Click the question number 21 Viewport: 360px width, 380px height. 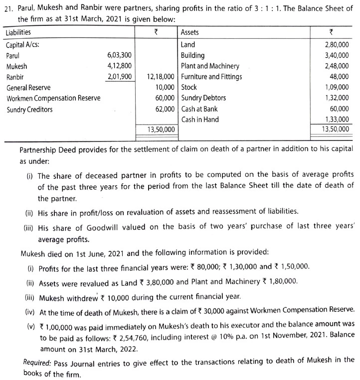tap(7, 10)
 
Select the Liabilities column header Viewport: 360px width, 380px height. tap(18, 32)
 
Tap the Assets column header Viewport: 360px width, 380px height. tap(189, 32)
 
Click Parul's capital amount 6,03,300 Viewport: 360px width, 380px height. tap(120, 55)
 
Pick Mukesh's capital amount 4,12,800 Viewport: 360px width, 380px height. tap(120, 66)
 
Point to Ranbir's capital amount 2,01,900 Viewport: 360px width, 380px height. tap(120, 77)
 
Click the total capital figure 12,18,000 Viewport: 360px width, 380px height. tap(161, 77)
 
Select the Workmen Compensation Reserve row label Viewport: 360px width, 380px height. tap(53, 98)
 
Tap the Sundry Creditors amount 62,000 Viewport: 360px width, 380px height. tap(165, 109)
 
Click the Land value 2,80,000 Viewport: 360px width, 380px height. tap(337, 44)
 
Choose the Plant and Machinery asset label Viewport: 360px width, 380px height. tap(210, 66)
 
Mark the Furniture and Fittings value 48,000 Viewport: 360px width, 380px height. tap(340, 77)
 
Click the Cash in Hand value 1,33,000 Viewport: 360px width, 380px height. tap(337, 120)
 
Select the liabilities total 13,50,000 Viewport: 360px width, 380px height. tap(161, 129)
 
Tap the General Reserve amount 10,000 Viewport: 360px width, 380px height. tap(165, 88)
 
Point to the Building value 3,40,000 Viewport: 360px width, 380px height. tap(337, 55)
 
